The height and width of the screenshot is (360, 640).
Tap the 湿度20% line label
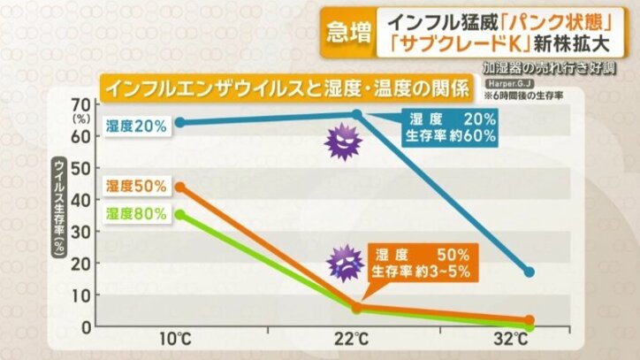[x=135, y=126]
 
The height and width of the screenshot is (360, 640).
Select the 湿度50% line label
[x=135, y=186]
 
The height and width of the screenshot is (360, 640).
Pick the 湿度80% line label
[x=135, y=214]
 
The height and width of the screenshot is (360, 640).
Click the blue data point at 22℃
[x=357, y=114]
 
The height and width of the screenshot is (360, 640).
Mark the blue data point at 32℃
[x=530, y=272]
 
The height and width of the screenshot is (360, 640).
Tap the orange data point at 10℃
[x=180, y=188]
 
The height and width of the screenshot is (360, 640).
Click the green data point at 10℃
[x=180, y=214]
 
